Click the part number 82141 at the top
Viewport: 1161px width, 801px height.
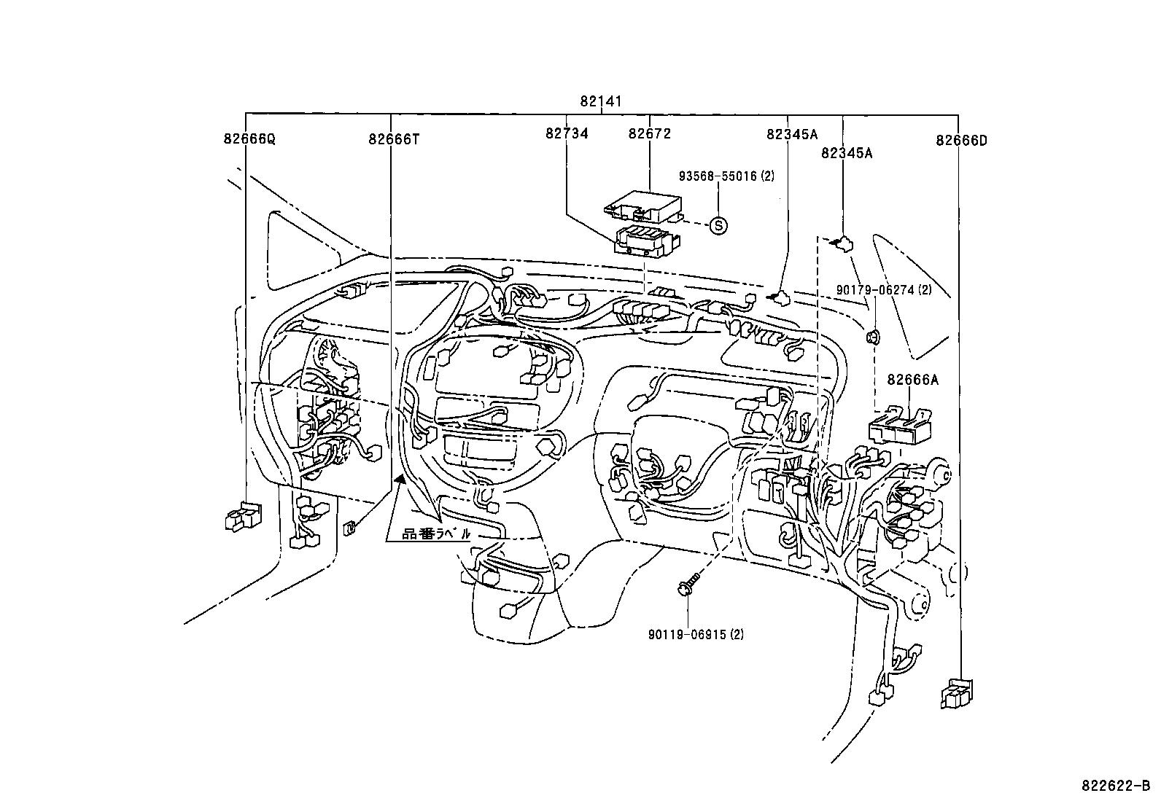coord(601,102)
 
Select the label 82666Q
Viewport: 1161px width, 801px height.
coord(249,139)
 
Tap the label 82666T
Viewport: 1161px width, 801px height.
coord(394,139)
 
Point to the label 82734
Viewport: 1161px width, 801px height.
coord(567,133)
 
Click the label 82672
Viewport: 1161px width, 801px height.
coord(649,133)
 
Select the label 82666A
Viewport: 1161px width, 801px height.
coord(912,380)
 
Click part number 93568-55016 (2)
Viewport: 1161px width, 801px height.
coord(726,176)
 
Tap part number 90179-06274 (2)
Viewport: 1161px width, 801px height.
coord(884,290)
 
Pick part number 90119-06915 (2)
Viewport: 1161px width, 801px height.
coord(696,635)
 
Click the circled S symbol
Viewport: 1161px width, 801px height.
coord(719,225)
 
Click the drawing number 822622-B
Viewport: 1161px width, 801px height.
coord(1115,786)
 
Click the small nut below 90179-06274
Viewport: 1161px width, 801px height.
coord(871,336)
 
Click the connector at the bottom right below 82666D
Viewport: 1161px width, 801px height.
coord(957,693)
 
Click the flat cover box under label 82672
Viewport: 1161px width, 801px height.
coord(642,205)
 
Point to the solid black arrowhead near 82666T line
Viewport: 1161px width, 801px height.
coord(400,478)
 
